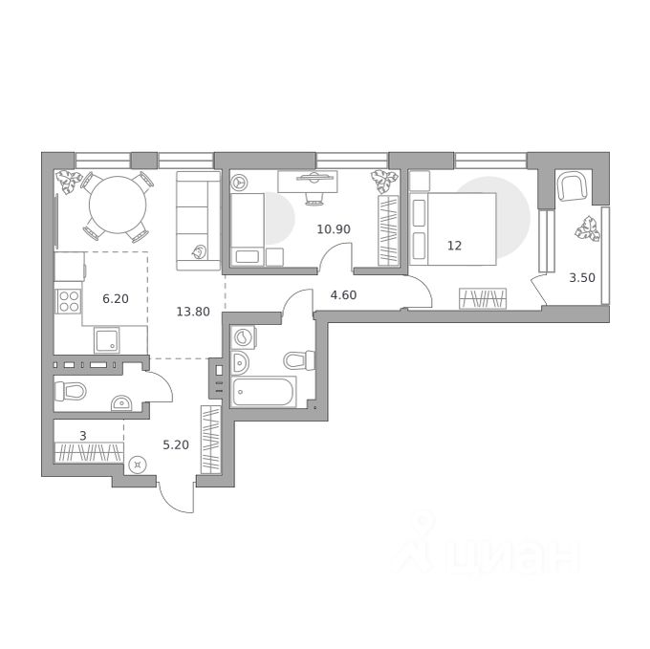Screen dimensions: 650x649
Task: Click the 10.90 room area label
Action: coord(334,228)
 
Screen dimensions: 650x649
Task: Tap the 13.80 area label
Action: coord(193,312)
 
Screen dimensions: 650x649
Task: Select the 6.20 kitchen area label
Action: coord(116,298)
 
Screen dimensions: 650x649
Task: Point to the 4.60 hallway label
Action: coord(343,295)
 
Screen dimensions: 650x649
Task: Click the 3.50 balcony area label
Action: coord(582,278)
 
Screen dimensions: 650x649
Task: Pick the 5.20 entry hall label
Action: coord(176,445)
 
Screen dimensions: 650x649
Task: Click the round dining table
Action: coord(118,205)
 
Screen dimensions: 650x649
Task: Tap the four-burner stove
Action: coord(69,301)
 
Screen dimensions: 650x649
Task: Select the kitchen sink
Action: coord(107,340)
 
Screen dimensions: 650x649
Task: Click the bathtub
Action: coord(264,392)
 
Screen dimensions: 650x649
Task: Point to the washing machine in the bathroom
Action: coord(244,337)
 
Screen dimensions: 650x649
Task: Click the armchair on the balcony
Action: coord(573,186)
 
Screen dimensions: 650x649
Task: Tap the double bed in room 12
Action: coord(453,228)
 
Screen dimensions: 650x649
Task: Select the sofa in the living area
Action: coord(198,221)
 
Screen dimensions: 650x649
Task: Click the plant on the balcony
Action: coord(588,229)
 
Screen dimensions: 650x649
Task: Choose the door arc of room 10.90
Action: coord(336,256)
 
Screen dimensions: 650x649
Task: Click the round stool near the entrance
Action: coord(138,465)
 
